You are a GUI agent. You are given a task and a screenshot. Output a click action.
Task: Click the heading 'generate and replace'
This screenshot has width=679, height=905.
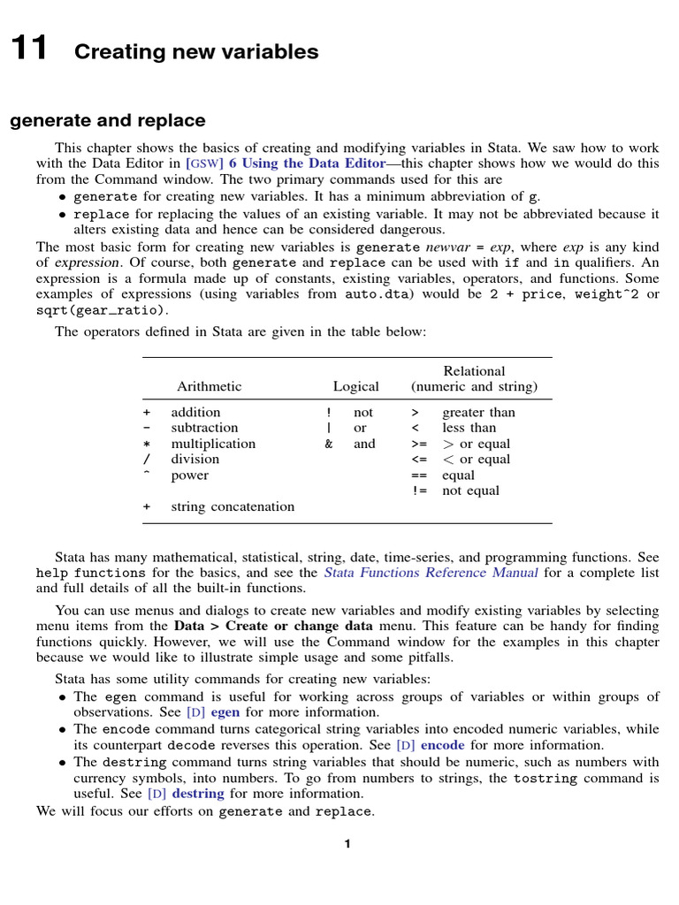pos(108,120)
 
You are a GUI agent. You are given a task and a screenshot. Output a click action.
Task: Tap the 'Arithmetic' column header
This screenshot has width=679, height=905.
pos(209,386)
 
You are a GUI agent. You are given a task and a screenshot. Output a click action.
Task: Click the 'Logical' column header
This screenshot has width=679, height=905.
pos(355,386)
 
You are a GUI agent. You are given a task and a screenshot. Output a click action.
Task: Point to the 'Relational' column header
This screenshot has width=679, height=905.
pos(474,371)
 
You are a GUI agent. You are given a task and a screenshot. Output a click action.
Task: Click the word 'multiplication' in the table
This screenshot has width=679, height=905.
pos(213,444)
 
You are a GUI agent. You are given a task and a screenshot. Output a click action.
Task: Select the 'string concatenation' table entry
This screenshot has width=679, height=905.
pos(233,506)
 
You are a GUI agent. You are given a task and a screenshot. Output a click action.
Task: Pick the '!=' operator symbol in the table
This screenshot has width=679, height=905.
pos(419,491)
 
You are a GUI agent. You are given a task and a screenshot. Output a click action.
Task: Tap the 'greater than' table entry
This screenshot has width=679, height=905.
pos(478,412)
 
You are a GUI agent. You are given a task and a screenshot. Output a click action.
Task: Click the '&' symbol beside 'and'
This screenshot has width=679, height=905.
pos(329,444)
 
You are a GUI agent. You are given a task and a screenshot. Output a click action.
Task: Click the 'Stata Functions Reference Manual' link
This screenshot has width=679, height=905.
pos(431,573)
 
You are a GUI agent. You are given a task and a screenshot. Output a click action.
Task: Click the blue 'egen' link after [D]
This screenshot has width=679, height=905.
pos(225,712)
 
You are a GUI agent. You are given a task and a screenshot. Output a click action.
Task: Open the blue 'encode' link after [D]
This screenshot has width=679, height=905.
pos(442,745)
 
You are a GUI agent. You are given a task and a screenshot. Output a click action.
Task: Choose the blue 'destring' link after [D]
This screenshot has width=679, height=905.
pos(198,794)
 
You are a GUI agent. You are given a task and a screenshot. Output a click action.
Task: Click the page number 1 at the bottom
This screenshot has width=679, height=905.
pos(347,844)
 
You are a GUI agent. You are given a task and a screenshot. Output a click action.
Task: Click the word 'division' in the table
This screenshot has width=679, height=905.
pos(195,460)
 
